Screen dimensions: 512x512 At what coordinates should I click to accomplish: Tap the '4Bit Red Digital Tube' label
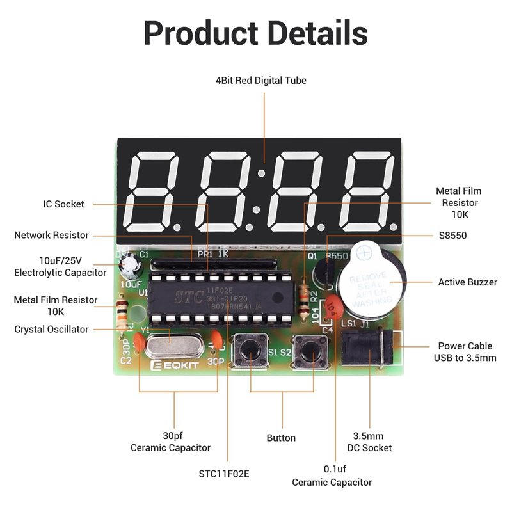click(x=261, y=81)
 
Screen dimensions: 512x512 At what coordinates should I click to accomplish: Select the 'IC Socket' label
click(x=64, y=204)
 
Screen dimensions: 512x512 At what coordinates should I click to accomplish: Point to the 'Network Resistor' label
click(x=52, y=236)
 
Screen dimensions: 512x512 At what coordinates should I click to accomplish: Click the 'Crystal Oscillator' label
click(x=52, y=330)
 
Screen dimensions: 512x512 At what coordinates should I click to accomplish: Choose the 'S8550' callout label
click(x=453, y=236)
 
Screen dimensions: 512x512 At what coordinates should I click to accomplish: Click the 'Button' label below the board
click(x=281, y=438)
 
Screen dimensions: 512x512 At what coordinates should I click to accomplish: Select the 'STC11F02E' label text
click(x=224, y=474)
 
